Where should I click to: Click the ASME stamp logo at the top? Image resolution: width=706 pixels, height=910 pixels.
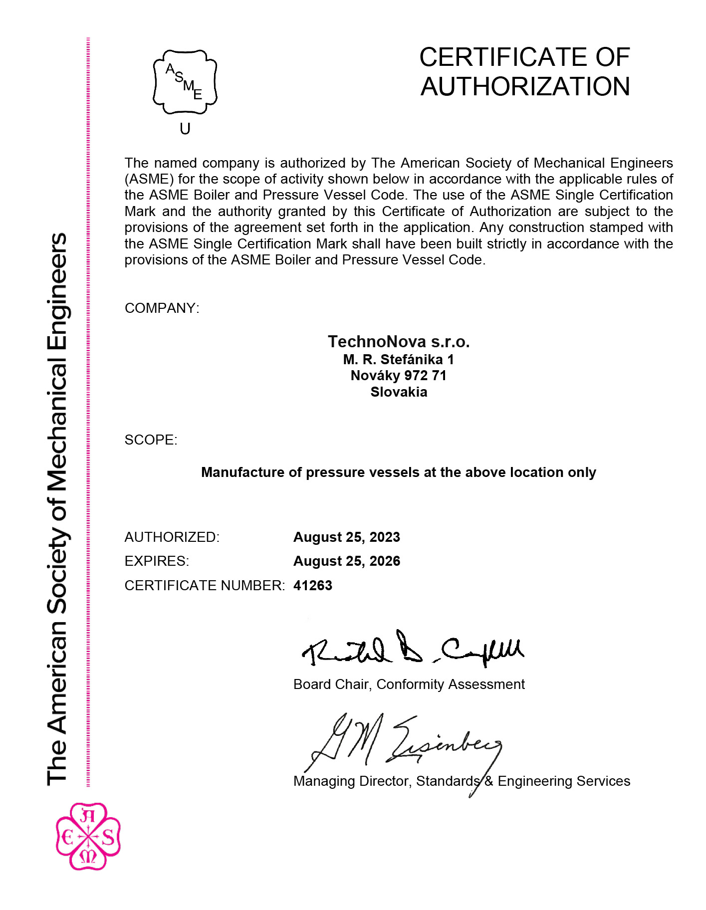185,82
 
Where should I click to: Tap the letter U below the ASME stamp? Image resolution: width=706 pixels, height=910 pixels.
185,129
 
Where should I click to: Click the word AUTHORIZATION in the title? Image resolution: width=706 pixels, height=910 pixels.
525,87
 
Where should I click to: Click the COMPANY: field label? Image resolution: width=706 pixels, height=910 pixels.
162,308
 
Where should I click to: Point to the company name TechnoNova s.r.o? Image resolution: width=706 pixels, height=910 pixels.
398,342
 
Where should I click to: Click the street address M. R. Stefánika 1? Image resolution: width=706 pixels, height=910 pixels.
398,359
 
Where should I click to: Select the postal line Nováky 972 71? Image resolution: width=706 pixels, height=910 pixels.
398,376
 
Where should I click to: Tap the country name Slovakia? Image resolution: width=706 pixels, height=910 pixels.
398,392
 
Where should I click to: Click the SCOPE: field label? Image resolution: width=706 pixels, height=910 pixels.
151,440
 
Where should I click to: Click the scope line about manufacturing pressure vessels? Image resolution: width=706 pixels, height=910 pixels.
398,472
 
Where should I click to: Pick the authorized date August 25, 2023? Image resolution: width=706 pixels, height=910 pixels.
346,537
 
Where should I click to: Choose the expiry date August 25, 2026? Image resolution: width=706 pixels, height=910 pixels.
346,561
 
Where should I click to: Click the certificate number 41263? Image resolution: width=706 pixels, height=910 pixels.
312,586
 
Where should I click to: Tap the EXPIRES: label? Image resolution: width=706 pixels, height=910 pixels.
157,561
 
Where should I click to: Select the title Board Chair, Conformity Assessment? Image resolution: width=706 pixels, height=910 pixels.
409,684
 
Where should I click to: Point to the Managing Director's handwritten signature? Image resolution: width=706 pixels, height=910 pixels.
404,743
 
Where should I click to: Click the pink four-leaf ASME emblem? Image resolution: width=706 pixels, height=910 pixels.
88,836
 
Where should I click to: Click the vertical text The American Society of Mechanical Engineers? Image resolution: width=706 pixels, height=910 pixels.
57,509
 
